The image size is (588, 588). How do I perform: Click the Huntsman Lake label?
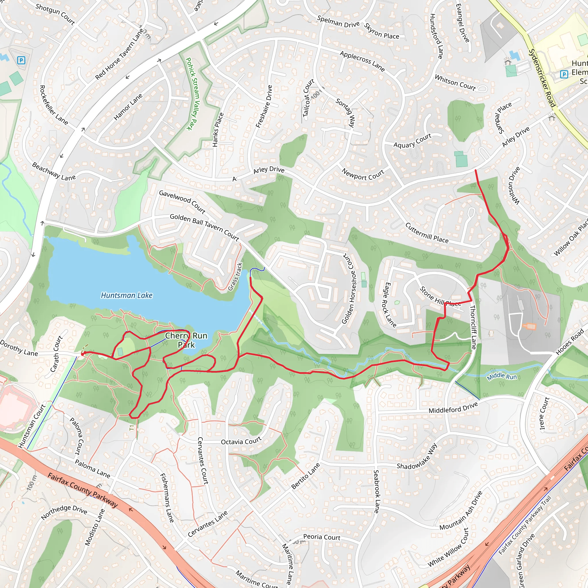point(127,295)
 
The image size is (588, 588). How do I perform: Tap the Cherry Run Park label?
point(186,340)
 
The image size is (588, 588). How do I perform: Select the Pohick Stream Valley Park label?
point(193,94)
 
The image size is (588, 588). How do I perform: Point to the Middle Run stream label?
point(502,376)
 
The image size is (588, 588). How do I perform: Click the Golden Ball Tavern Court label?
point(204,227)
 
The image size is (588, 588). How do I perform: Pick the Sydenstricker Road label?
point(542,78)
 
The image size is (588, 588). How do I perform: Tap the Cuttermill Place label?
point(427,233)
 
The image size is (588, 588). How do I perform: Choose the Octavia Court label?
point(241,441)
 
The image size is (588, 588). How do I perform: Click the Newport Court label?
point(363,174)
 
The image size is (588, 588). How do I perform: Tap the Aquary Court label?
point(412,141)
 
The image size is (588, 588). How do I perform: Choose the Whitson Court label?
point(455,82)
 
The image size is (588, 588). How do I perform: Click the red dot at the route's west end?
point(82,354)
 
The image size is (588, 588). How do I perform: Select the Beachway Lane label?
point(54,172)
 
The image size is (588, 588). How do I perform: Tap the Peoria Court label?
point(322,537)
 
